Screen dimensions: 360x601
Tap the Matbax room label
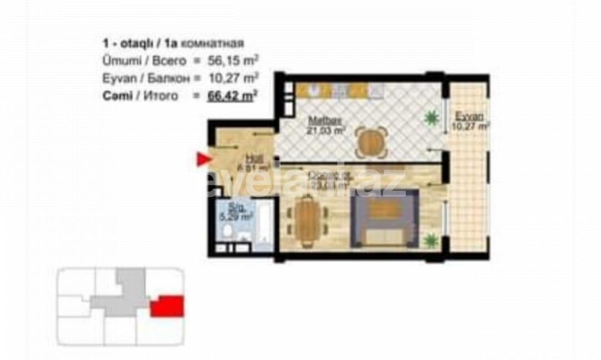pyautogui.click(x=322, y=120)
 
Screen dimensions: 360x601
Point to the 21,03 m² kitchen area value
pyautogui.click(x=326, y=131)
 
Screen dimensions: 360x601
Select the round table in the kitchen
pyautogui.click(x=370, y=142)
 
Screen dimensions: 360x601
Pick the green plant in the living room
pyautogui.click(x=430, y=240)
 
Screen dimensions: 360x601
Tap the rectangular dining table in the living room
pyautogui.click(x=306, y=221)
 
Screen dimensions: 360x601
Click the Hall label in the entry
pyautogui.click(x=253, y=157)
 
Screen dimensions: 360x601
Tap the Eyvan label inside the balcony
pyautogui.click(x=469, y=116)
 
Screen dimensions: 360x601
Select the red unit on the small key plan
pyautogui.click(x=167, y=307)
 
